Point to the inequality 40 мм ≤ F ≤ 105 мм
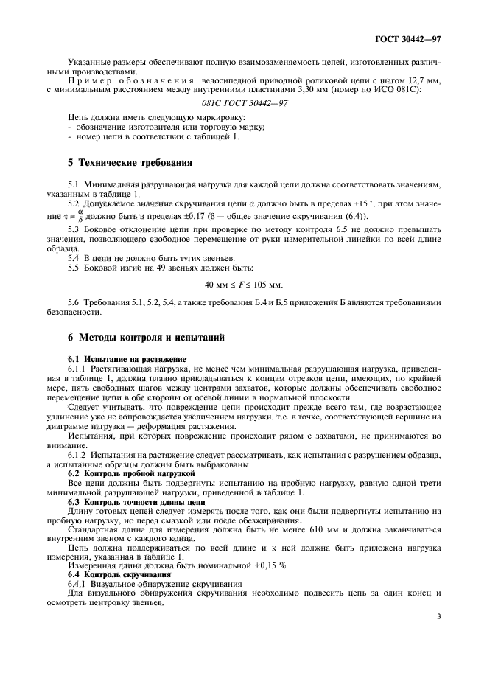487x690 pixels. (243, 285)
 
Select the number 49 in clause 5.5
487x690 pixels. (160, 269)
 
